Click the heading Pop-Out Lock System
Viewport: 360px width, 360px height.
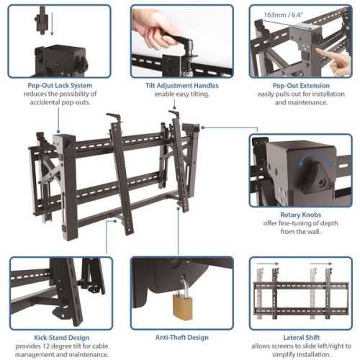coord(50,84)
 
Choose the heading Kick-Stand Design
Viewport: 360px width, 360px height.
coord(60,336)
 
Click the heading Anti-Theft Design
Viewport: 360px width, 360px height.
coord(181,336)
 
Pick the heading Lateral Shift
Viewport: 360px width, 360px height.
coord(302,336)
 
